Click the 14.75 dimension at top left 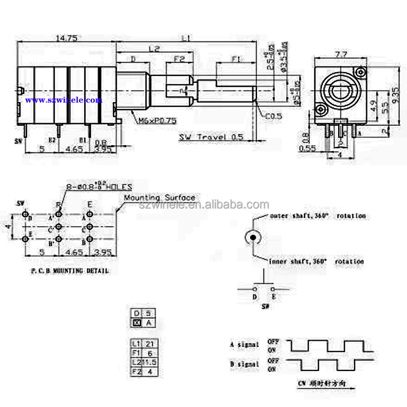(x=66, y=37)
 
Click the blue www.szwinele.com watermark (x=64, y=100)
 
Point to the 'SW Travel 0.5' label (x=211, y=137)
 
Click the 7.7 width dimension (x=340, y=55)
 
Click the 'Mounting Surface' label (x=159, y=197)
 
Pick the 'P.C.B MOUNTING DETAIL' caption (x=70, y=271)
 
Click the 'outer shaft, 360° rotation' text (x=317, y=216)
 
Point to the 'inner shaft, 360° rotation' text (x=316, y=261)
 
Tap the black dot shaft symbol (x=252, y=237)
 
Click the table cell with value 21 (x=149, y=344)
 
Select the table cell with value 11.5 (x=149, y=362)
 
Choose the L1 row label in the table (x=136, y=344)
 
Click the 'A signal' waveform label (x=244, y=344)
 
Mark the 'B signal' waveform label (x=244, y=364)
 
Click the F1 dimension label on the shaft (x=236, y=59)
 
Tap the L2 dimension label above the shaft (x=154, y=48)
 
